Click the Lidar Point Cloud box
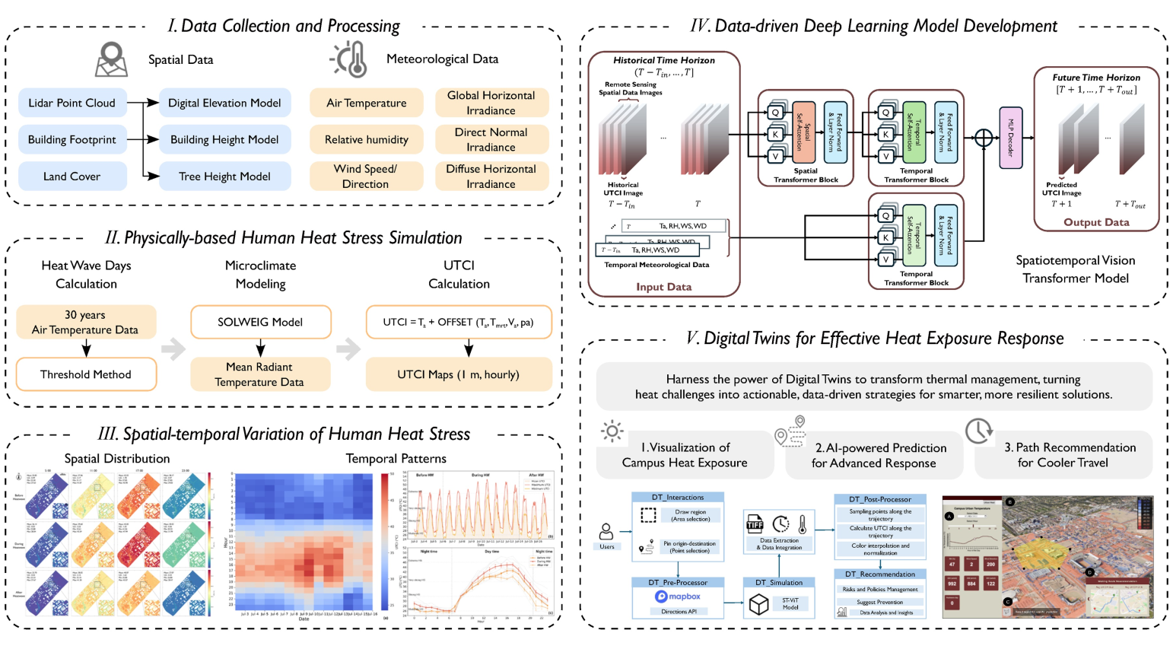click(x=72, y=103)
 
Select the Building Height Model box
click(x=224, y=139)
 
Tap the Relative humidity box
click(x=366, y=139)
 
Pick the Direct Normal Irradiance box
click(x=491, y=139)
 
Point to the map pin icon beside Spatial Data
click(x=111, y=59)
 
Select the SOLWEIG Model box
click(x=260, y=322)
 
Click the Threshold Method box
click(x=86, y=374)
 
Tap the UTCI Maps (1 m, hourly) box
click(x=458, y=374)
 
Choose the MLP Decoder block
click(x=1010, y=138)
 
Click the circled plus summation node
click(x=983, y=138)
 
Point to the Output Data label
click(x=1096, y=222)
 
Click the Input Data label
click(x=663, y=287)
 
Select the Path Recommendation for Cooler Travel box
click(x=1063, y=455)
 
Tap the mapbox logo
click(x=678, y=597)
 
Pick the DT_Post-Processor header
click(x=880, y=499)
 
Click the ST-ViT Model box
click(x=790, y=603)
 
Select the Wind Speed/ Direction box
click(x=366, y=176)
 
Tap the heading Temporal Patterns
click(x=396, y=458)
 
